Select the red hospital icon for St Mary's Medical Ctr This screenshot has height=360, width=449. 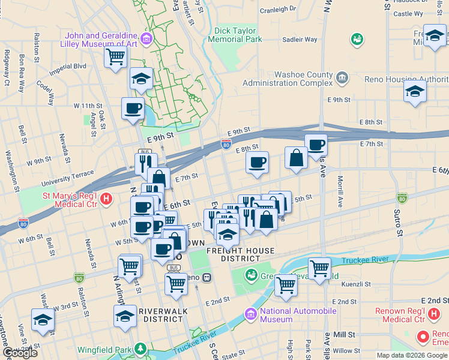pos(106,199)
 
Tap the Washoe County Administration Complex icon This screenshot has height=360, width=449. pos(342,77)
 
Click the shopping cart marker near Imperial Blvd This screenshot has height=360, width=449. pos(115,58)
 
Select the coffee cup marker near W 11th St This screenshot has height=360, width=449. pos(133,109)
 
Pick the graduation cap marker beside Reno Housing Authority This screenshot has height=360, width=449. pos(414,92)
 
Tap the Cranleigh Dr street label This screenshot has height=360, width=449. pos(277,10)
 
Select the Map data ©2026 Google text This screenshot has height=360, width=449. pos(411,355)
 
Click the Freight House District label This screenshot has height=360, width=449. pos(240,254)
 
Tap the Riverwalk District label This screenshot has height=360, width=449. pos(160,315)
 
